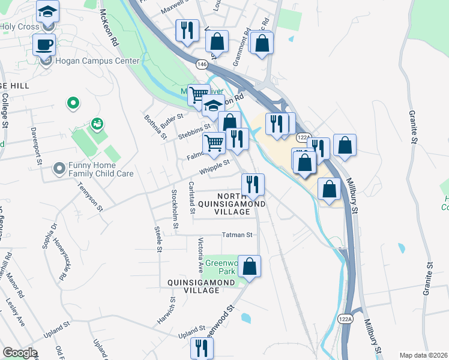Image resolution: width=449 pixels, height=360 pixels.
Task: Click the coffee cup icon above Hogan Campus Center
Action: (44, 44)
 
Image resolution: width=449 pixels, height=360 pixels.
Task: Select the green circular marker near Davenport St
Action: (73, 104)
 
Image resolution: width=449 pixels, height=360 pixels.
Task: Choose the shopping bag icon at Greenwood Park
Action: (250, 265)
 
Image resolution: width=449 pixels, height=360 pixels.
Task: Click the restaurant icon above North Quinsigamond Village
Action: (253, 184)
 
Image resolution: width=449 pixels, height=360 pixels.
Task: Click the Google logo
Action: (20, 353)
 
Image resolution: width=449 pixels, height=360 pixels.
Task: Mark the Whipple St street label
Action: (215, 167)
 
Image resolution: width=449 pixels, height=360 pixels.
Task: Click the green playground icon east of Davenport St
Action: (97, 124)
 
